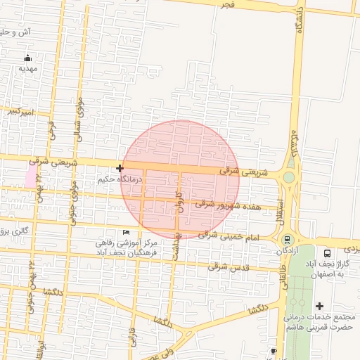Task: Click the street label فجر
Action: click(227, 6)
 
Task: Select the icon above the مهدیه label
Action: click(27, 58)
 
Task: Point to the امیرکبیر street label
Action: click(17, 112)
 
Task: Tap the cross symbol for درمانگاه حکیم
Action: click(120, 168)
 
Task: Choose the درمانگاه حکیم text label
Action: click(120, 180)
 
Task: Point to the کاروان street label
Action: click(179, 200)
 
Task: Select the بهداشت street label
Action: click(178, 243)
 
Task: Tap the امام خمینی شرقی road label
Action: click(229, 236)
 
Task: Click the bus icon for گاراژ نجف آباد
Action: click(327, 253)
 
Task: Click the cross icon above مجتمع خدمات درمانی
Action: click(320, 306)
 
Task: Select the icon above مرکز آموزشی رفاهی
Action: click(127, 233)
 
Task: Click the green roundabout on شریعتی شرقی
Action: click(288, 176)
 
